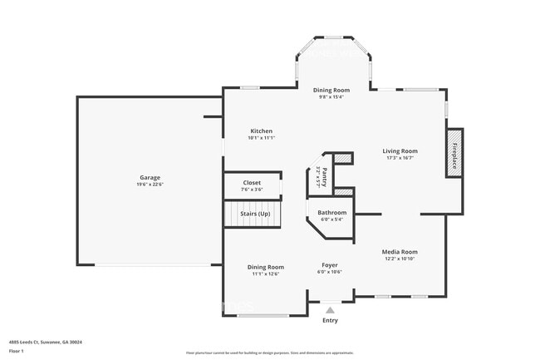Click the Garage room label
point(150,177)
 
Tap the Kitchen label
point(261,131)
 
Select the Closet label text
point(252,182)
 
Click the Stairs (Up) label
point(255,214)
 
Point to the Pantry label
point(324,175)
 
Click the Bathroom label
point(331,213)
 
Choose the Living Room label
point(400,150)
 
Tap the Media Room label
point(399,251)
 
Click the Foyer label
point(330,265)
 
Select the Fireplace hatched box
point(454,153)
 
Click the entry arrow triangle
point(330,310)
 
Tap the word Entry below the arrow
point(330,320)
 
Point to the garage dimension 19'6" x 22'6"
point(150,185)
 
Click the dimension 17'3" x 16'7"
point(400,158)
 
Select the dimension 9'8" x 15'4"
point(331,96)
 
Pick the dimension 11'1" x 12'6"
point(265,274)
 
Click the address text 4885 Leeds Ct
point(45,341)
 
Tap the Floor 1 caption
point(17,350)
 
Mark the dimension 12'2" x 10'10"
point(399,259)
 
